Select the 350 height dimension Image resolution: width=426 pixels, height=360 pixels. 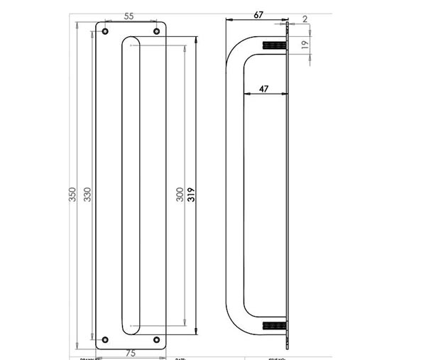[x=72, y=194]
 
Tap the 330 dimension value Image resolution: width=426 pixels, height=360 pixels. [x=89, y=194]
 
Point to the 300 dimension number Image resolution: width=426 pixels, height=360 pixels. [x=180, y=194]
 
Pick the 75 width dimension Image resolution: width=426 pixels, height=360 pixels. [x=131, y=352]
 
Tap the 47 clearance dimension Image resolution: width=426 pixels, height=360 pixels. [x=263, y=89]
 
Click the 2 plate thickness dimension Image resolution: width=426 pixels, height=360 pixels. [x=305, y=19]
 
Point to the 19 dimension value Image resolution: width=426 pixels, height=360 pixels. [x=305, y=44]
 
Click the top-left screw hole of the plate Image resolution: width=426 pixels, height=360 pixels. [x=105, y=32]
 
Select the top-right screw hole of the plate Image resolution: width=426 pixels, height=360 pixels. [x=157, y=32]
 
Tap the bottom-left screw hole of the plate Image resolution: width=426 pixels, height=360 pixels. [x=105, y=340]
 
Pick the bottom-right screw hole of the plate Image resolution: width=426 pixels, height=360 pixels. [x=157, y=340]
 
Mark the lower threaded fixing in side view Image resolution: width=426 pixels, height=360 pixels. [x=273, y=327]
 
